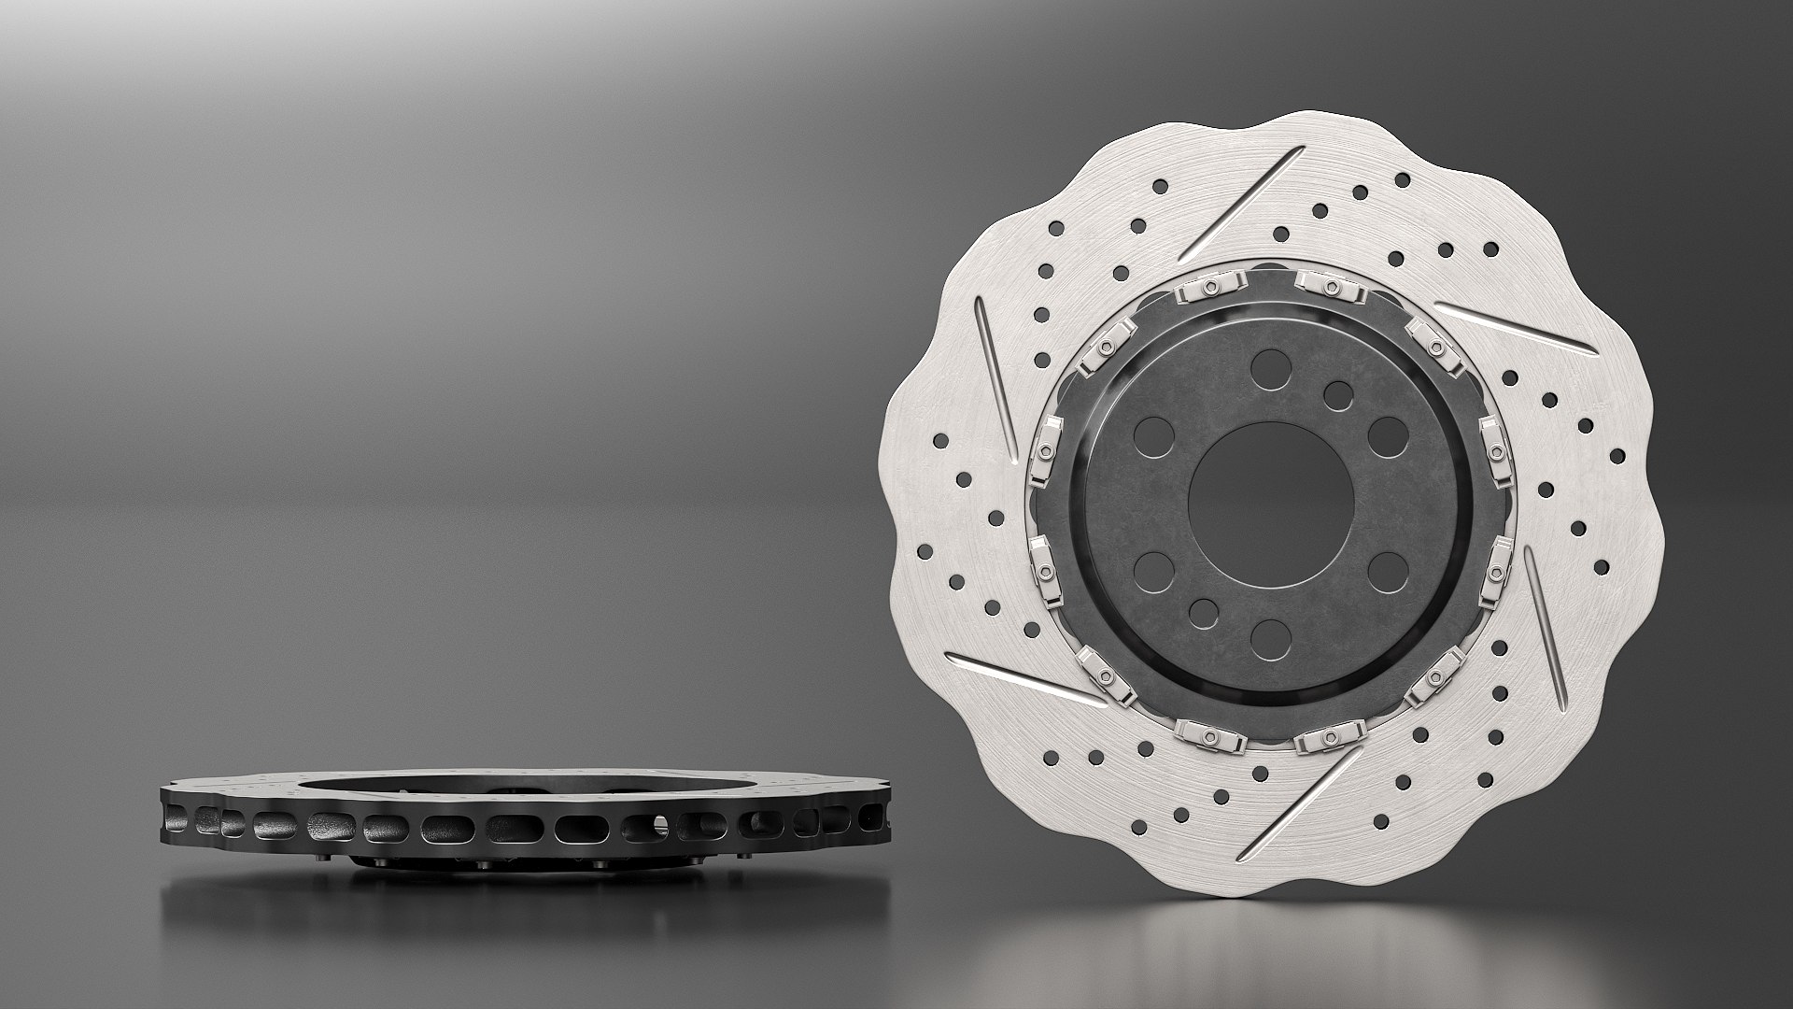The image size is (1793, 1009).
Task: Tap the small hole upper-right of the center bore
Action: tap(1338, 394)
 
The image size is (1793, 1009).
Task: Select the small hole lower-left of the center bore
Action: tap(1204, 612)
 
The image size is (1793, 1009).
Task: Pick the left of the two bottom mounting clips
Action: tap(1211, 735)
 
